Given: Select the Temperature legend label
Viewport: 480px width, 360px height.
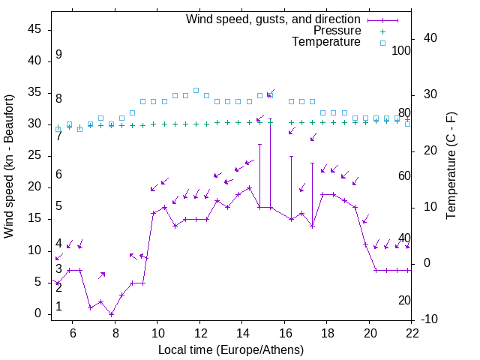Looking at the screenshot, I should pyautogui.click(x=326, y=42).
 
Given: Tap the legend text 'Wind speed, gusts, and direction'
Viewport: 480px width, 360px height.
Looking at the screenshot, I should pyautogui.click(x=273, y=19).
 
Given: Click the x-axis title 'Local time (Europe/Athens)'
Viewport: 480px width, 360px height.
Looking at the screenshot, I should pyautogui.click(x=231, y=350).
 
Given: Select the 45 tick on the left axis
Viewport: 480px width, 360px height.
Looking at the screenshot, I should pyautogui.click(x=34, y=28).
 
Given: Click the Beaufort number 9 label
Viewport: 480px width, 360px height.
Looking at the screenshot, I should pyautogui.click(x=58, y=55).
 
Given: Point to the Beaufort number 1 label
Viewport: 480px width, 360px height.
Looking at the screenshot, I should pyautogui.click(x=58, y=307).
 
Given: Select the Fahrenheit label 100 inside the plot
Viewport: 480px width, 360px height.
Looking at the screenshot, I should pyautogui.click(x=402, y=50).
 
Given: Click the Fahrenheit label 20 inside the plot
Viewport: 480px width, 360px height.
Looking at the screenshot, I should pyautogui.click(x=405, y=301).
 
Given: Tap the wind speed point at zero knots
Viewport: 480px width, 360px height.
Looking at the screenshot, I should pyautogui.click(x=111, y=313).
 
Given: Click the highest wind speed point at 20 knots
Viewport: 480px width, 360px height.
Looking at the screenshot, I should pyautogui.click(x=249, y=187).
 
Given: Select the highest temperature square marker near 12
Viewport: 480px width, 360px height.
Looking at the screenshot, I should pyautogui.click(x=196, y=90).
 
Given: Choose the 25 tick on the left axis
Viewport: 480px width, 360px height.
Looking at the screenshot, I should pyautogui.click(x=34, y=155).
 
